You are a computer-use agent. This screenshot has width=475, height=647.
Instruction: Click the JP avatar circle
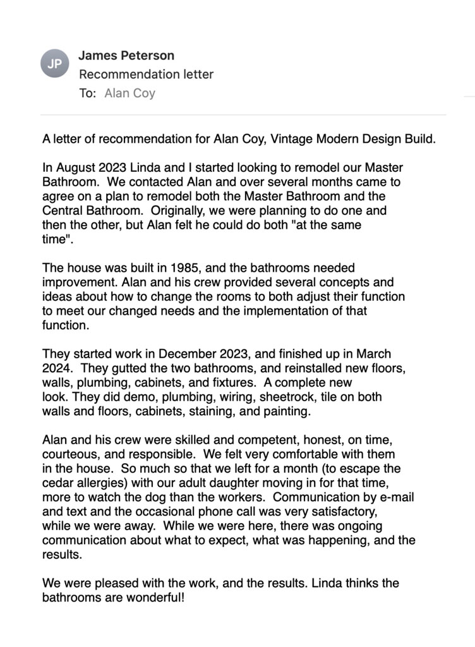point(54,63)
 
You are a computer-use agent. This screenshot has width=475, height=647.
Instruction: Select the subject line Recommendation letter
point(146,75)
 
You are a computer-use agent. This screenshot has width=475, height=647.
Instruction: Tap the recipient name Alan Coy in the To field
point(129,94)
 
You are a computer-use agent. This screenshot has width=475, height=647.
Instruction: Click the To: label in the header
point(87,94)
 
